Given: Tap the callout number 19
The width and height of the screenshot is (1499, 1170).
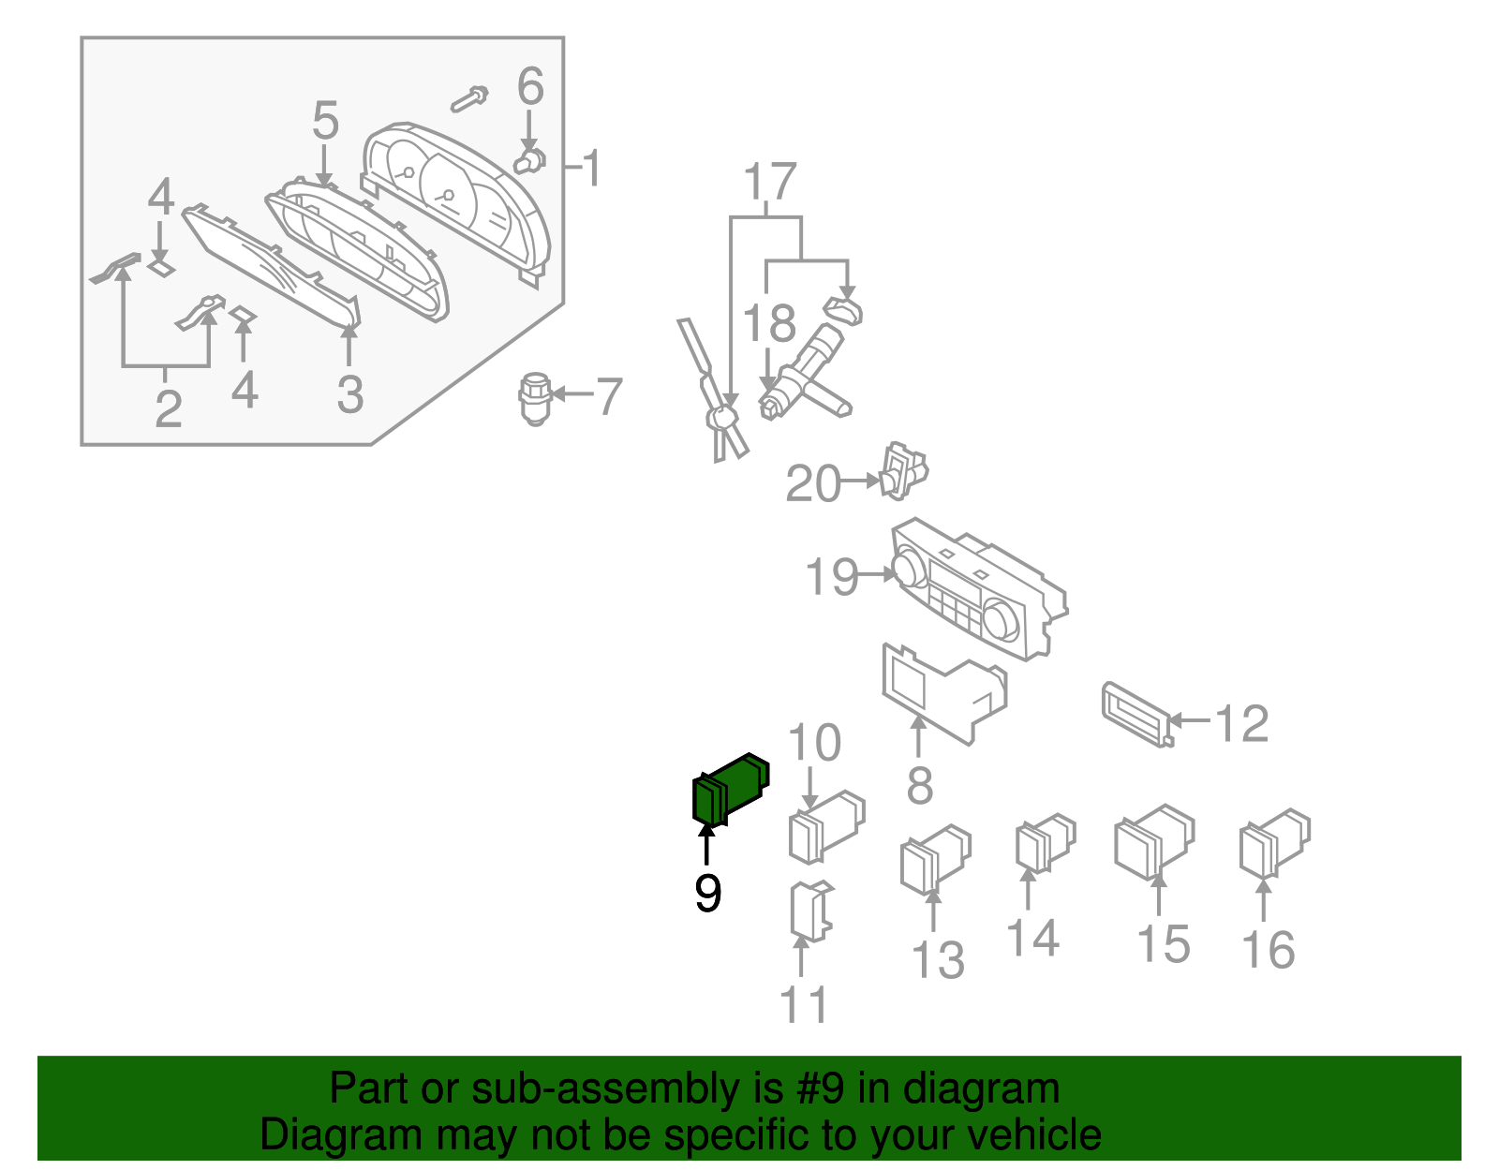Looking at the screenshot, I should click(831, 577).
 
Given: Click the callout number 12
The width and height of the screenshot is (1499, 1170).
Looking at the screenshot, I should click(1241, 723).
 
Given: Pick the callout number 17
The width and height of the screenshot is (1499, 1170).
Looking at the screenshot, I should click(770, 183).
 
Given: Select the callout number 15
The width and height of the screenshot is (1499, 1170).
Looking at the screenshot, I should click(1163, 944).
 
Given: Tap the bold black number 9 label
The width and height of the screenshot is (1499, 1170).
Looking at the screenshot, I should click(707, 893).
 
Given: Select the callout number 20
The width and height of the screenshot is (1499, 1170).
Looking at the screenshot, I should click(812, 484).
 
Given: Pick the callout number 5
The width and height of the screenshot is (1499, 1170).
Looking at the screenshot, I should click(325, 122).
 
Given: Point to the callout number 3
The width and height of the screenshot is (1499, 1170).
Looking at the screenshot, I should click(349, 394).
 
